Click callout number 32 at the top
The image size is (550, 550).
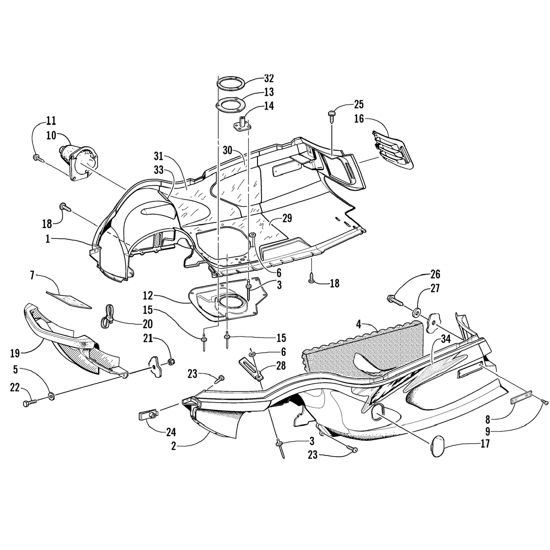(x=269, y=79)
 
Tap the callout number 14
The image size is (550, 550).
(x=269, y=106)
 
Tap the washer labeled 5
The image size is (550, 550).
(x=51, y=396)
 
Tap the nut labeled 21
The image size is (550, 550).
(x=170, y=362)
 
